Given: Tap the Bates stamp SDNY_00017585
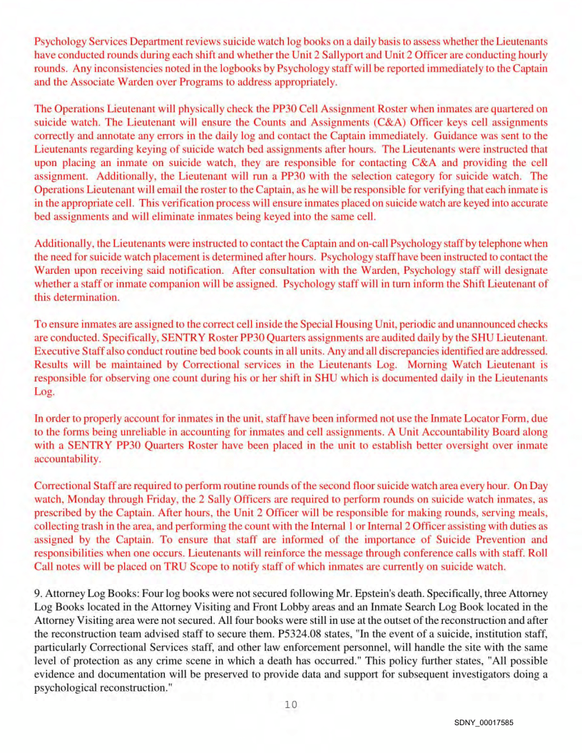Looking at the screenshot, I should coord(483,722).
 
